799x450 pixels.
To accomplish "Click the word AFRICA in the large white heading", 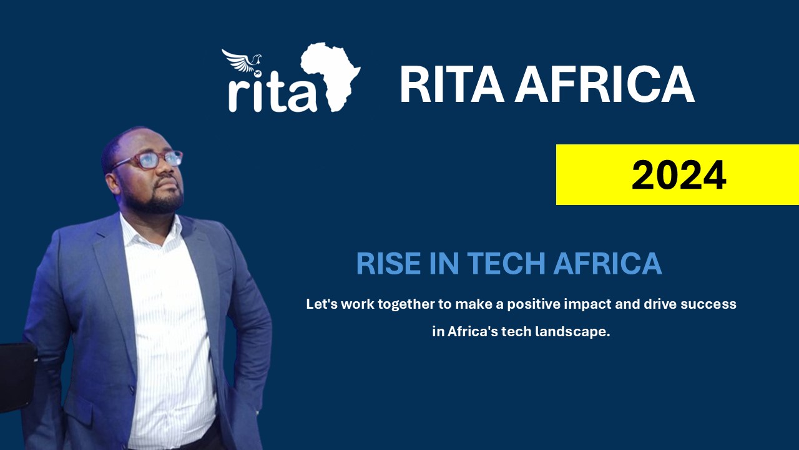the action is click(604, 84).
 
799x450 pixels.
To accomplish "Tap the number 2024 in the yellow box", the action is click(679, 176).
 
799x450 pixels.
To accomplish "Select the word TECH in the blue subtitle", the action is click(506, 264).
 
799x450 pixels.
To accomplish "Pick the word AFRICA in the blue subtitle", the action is click(607, 264).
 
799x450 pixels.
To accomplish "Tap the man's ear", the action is click(113, 184).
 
